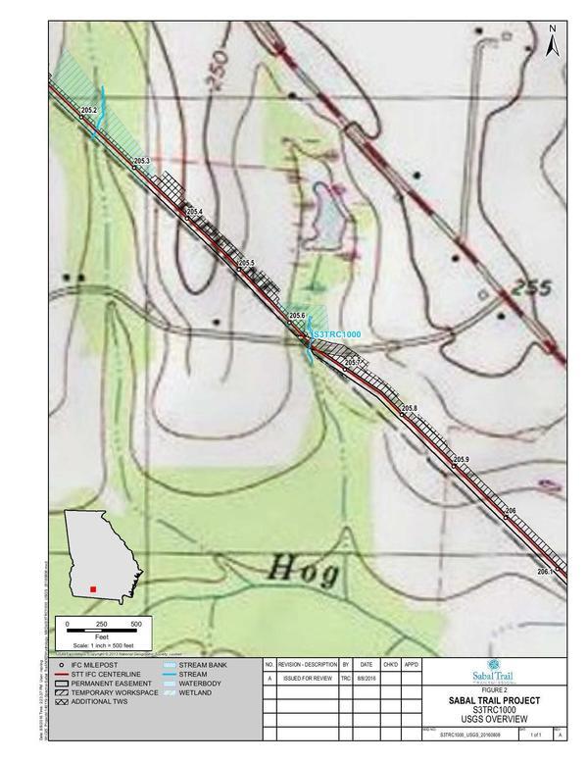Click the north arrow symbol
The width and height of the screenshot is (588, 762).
(553, 40)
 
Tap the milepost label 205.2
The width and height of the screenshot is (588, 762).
(89, 111)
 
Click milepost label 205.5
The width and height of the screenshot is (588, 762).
(246, 263)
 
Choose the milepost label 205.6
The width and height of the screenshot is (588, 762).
(298, 315)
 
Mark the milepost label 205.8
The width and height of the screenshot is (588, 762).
(410, 408)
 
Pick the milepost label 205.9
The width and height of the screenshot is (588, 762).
(462, 459)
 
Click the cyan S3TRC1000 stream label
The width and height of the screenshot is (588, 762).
(336, 335)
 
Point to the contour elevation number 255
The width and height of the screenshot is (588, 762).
(529, 290)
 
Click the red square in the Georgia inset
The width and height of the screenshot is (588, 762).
(92, 588)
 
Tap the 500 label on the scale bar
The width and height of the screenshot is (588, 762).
(136, 624)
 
